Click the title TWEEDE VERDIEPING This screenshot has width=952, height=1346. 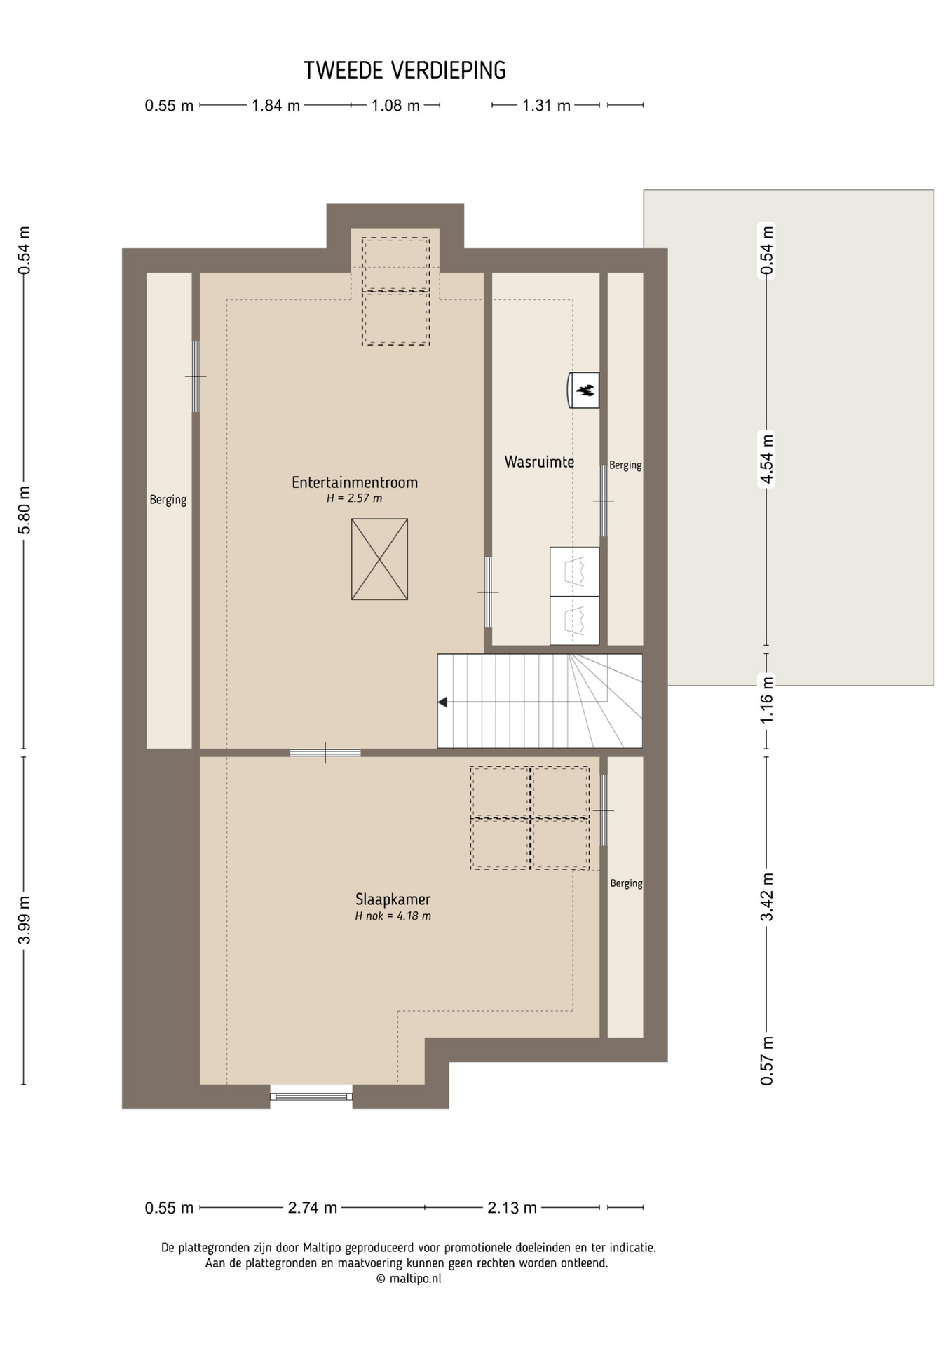click(404, 70)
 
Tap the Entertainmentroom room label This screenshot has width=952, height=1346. click(355, 482)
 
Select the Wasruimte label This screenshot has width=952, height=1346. click(539, 462)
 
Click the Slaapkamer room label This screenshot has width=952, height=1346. click(393, 899)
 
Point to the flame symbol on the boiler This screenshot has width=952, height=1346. click(585, 390)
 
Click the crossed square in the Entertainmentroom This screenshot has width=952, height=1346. click(379, 559)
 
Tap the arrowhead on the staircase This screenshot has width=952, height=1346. click(442, 702)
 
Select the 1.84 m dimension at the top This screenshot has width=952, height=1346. click(276, 106)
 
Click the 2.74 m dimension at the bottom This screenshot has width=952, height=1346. click(313, 1208)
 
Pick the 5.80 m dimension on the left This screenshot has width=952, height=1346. click(25, 510)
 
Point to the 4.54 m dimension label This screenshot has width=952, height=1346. click(767, 459)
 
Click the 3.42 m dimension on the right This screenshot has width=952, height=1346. click(767, 897)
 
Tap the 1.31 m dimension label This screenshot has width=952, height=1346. click(547, 106)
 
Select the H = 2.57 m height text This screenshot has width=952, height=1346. click(355, 498)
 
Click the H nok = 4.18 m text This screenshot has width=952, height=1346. click(393, 916)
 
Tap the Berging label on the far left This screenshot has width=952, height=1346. click(168, 500)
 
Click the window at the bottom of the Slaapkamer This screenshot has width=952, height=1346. click(311, 1096)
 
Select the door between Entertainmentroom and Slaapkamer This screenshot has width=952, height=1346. click(325, 753)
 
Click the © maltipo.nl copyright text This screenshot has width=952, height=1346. click(409, 1278)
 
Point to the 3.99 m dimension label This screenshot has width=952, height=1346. click(25, 920)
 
